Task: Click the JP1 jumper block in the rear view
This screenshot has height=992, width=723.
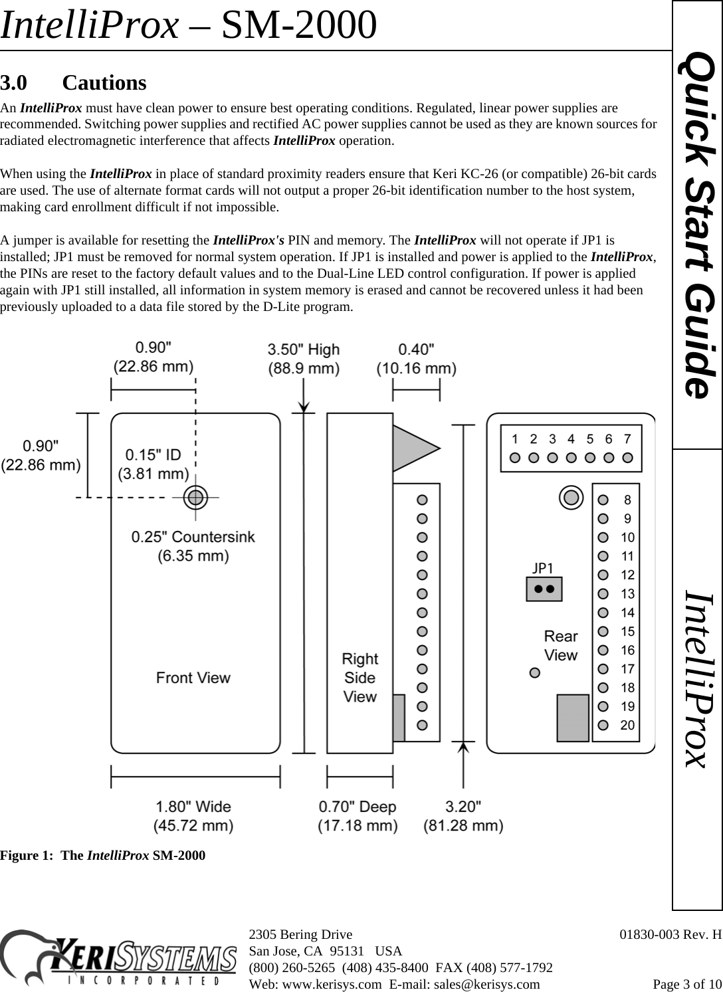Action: point(544,589)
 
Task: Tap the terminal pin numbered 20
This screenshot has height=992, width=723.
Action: point(603,725)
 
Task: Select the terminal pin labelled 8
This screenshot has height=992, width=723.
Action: point(603,500)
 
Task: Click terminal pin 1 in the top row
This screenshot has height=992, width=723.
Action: point(515,457)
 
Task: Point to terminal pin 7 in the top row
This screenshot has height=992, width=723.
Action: point(627,457)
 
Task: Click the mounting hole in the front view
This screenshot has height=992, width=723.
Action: point(195,496)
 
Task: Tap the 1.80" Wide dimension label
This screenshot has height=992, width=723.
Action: point(194,816)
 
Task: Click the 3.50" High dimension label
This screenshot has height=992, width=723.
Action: point(304,358)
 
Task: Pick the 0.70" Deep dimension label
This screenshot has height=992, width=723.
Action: point(358,816)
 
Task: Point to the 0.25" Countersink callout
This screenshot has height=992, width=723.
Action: point(193,546)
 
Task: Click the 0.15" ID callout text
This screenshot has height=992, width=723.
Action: point(154,464)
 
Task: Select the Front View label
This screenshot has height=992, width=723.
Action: point(193,678)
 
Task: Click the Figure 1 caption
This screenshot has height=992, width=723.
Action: point(103,855)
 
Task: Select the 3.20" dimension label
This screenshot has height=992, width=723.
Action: point(464,816)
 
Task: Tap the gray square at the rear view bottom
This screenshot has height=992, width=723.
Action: point(573,718)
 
